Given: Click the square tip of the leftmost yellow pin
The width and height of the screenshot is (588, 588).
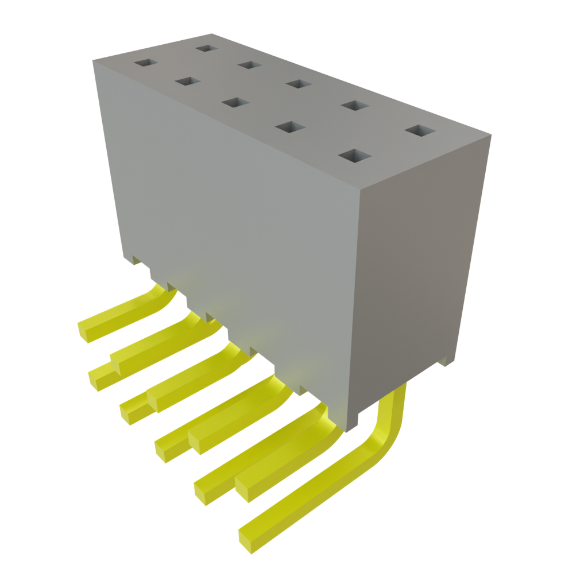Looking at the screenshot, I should point(86,333).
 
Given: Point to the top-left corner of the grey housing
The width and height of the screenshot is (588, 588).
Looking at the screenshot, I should point(92,59).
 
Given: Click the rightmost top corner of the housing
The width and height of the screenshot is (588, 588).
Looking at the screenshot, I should point(492,136).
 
